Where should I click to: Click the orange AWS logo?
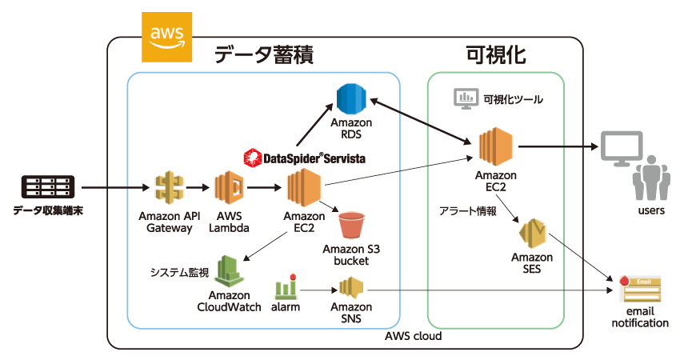point(166,37)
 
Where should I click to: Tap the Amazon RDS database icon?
point(350,98)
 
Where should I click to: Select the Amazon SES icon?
point(532,234)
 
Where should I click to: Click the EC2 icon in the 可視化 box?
point(495,148)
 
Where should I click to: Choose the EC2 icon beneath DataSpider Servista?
point(304,190)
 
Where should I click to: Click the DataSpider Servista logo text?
point(304,158)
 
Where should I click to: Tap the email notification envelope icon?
point(639,285)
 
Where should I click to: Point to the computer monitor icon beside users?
point(622,148)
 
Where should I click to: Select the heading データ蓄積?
point(262,55)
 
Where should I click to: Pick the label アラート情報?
point(468,211)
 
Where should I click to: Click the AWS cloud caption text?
point(413,336)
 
